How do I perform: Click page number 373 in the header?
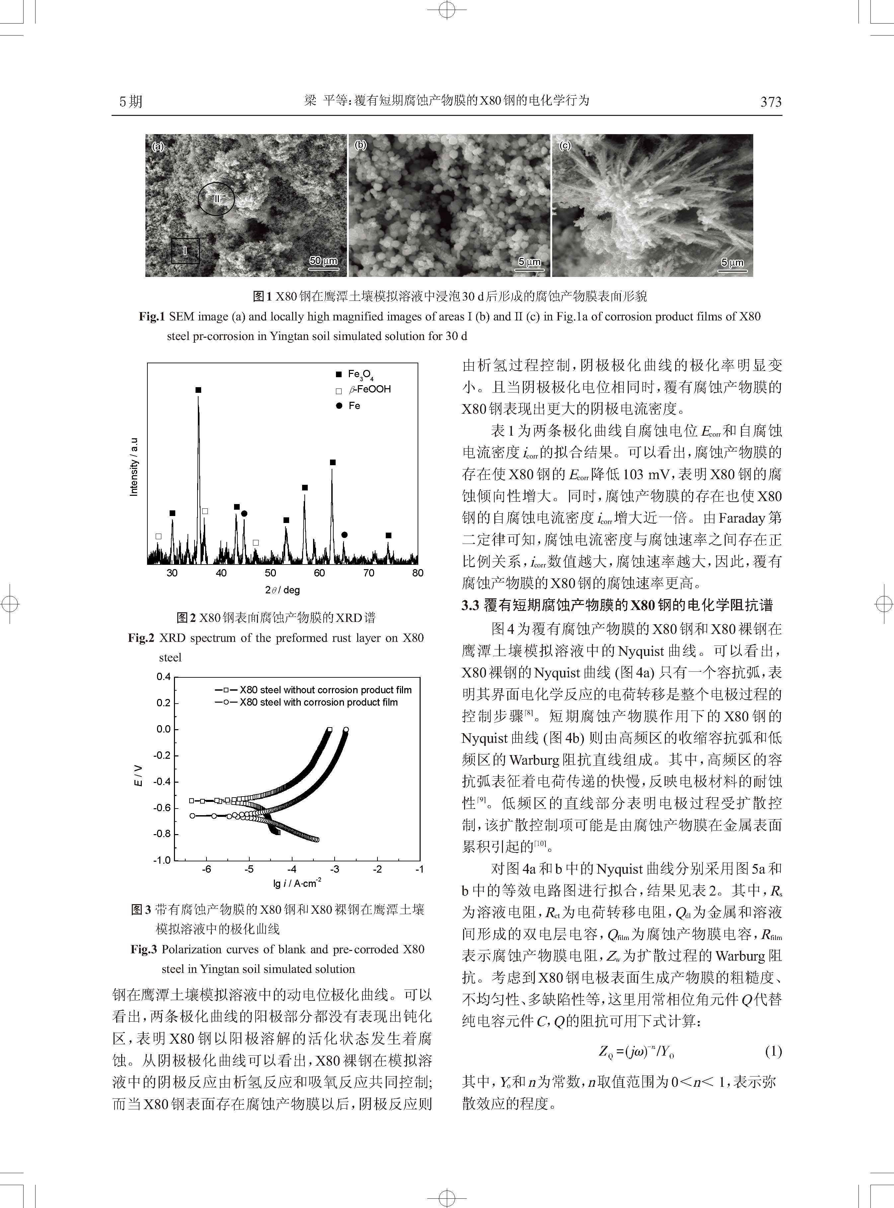coord(771,102)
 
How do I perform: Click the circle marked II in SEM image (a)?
coord(216,199)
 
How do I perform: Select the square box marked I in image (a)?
coord(186,251)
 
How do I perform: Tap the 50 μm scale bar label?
coord(323,261)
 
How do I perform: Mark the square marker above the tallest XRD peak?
coord(198,390)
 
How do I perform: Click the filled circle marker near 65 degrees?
coord(344,535)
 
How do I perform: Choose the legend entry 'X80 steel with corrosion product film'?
coord(318,703)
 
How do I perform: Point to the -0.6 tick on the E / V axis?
coord(162,808)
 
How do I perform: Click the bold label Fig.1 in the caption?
coord(151,317)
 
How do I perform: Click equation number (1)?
coord(773,1052)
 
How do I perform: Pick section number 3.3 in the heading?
coord(470,605)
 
